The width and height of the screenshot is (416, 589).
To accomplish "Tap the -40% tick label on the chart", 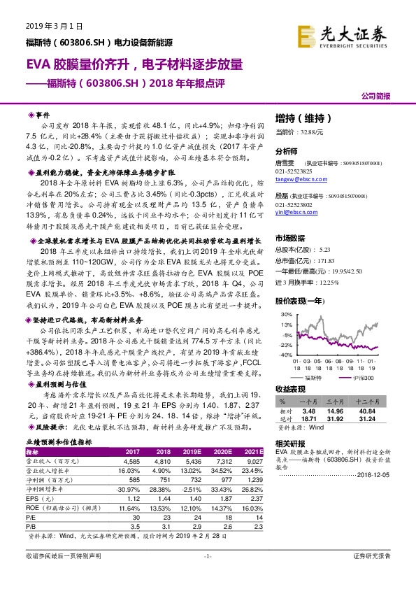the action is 283,355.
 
